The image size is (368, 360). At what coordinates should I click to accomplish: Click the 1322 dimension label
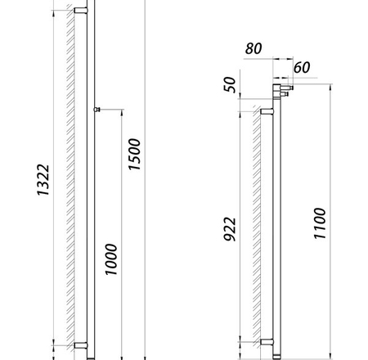coord(43,180)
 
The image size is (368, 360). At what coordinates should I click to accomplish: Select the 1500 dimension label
coord(134,155)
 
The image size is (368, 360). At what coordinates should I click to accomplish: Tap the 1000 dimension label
coord(111,259)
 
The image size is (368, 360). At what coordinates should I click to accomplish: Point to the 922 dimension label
coord(230,229)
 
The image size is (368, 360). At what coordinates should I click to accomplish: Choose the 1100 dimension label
coord(320,223)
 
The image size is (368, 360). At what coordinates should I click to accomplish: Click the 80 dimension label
coord(254,48)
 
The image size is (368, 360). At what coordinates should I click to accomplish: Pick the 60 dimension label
coord(302,67)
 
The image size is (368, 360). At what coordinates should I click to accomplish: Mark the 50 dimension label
coord(230,84)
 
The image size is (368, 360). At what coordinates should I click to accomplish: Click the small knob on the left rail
coord(97,110)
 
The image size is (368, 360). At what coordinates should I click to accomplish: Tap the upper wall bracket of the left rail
coord(81,11)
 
